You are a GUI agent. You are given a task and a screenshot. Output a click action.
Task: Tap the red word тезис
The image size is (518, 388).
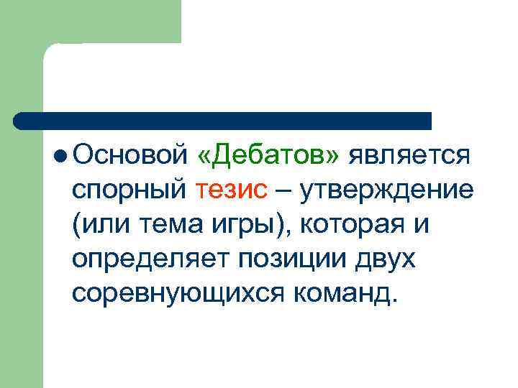coord(231,190)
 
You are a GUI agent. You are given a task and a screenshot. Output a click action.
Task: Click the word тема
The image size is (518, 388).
coord(177,226)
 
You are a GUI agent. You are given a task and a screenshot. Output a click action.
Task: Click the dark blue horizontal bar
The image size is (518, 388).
coord(223,121)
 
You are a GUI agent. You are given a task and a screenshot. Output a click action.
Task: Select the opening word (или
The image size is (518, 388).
coord(100,226)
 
